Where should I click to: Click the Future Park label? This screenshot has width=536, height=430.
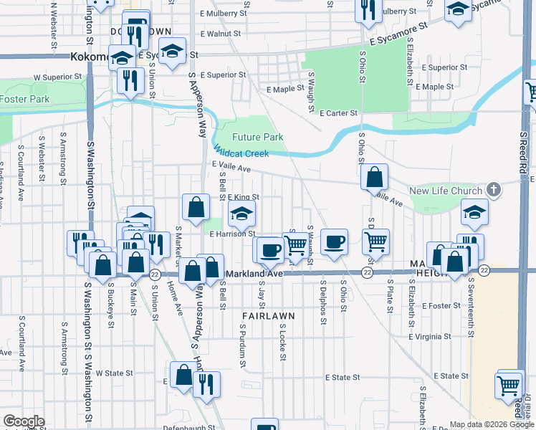click(x=257, y=137)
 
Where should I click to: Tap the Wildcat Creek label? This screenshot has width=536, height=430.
click(x=241, y=153)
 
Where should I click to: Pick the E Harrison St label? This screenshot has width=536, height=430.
click(x=232, y=234)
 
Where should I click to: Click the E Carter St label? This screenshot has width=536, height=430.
click(x=338, y=113)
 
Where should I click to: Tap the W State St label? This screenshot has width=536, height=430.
click(x=115, y=373)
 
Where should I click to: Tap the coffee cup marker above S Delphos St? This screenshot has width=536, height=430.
click(x=334, y=242)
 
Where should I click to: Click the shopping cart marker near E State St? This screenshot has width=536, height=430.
click(x=509, y=386)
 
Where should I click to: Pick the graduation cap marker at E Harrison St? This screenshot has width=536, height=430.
click(x=242, y=213)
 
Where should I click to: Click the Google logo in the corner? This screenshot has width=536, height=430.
click(x=23, y=421)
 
